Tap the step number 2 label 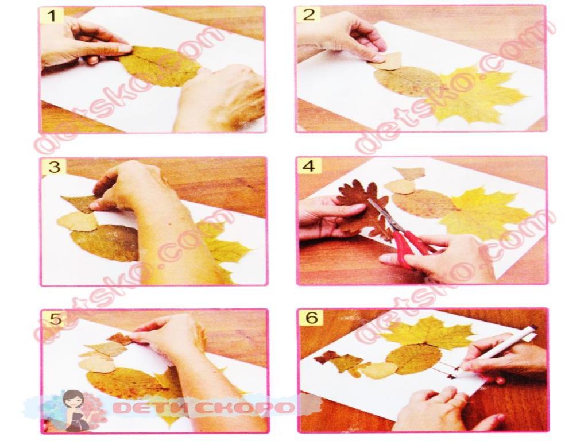308,15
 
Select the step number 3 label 54,167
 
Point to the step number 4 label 309,166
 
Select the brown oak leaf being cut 360,208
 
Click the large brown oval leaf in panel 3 105,242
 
